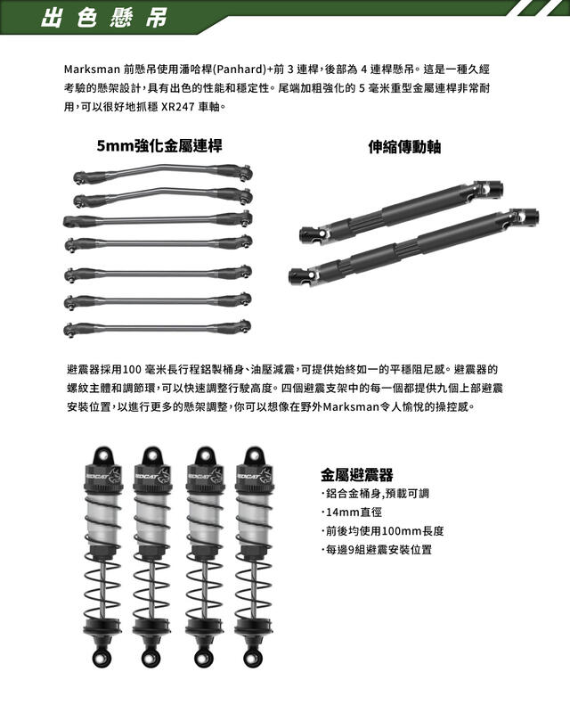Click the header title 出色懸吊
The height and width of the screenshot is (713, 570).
click(104, 18)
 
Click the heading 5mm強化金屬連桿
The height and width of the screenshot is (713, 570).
click(159, 146)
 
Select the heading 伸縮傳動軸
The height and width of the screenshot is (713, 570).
click(404, 146)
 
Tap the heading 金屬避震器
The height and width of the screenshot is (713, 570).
click(357, 475)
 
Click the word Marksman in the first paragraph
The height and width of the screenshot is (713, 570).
click(92, 70)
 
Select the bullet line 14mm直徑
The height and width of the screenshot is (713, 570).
click(353, 512)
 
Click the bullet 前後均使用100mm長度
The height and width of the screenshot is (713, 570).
click(383, 531)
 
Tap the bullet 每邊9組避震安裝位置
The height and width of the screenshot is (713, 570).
click(377, 550)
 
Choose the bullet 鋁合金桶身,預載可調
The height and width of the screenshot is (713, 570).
click(375, 494)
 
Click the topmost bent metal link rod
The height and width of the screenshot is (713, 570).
click(163, 171)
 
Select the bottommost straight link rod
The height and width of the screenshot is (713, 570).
click(158, 327)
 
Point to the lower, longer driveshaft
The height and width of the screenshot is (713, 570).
click(413, 246)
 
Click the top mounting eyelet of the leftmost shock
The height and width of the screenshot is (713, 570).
click(104, 455)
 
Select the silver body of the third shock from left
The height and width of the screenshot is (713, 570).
click(206, 519)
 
